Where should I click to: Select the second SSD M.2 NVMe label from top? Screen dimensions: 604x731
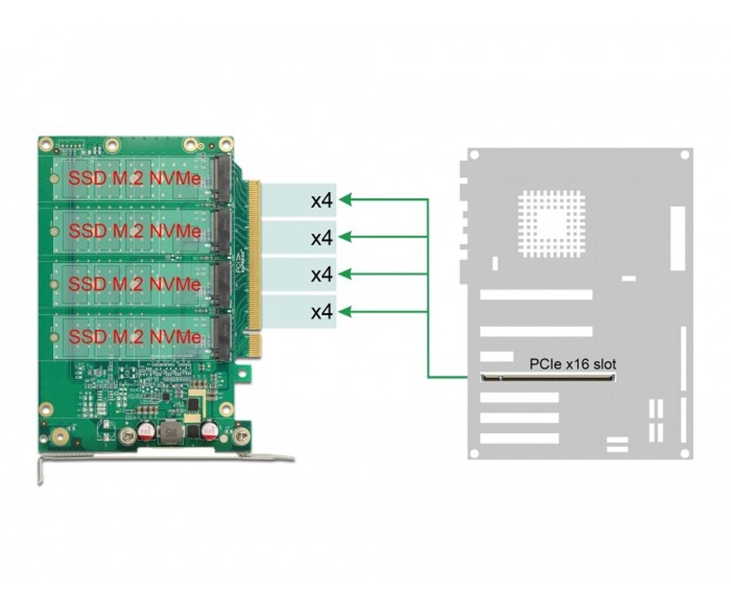[x=135, y=232]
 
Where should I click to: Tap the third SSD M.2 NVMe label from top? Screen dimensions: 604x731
[x=135, y=284]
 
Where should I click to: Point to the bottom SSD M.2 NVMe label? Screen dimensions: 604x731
[x=135, y=336]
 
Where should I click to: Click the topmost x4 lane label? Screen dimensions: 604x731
[x=322, y=200]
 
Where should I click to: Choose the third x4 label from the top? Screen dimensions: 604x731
[x=322, y=274]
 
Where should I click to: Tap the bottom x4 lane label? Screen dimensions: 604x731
[x=322, y=312]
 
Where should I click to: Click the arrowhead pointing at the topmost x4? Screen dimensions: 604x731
[x=346, y=199]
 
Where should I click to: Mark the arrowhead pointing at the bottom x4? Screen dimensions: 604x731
[x=346, y=311]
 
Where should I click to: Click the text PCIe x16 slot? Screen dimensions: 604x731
[x=572, y=364]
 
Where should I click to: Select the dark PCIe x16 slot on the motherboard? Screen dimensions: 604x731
[x=547, y=377]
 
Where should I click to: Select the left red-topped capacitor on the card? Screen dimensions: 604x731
[x=146, y=430]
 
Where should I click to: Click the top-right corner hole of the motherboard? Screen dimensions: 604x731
[x=684, y=155]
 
